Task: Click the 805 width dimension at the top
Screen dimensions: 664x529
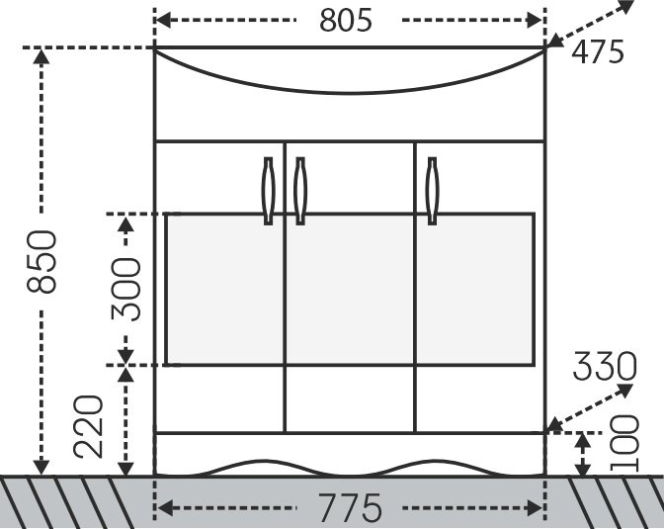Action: point(346,20)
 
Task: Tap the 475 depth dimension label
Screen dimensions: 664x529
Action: point(598,51)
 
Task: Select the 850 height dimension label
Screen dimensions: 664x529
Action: point(41,261)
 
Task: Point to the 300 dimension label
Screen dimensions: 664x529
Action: point(125,289)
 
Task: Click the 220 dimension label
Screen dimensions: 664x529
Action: point(88,427)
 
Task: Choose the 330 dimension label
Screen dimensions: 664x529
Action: point(605,366)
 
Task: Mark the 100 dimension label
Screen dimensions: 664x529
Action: point(623,443)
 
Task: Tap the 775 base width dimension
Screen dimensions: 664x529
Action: point(350,507)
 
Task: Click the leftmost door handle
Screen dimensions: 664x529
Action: point(269,191)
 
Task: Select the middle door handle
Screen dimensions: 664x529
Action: point(300,191)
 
